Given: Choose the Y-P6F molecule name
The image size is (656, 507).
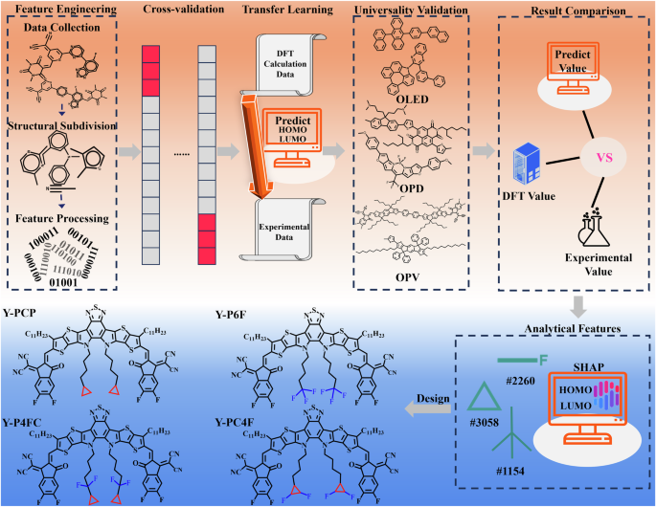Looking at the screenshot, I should pos(235,313).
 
